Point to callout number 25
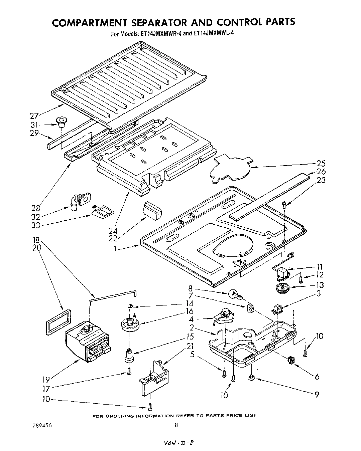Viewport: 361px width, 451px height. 321,164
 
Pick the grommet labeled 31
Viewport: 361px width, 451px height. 61,122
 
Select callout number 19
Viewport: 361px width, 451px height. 46,379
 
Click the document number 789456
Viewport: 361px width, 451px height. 39,426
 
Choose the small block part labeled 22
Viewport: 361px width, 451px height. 152,211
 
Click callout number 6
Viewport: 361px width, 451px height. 317,377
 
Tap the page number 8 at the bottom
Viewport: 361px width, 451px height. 176,425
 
